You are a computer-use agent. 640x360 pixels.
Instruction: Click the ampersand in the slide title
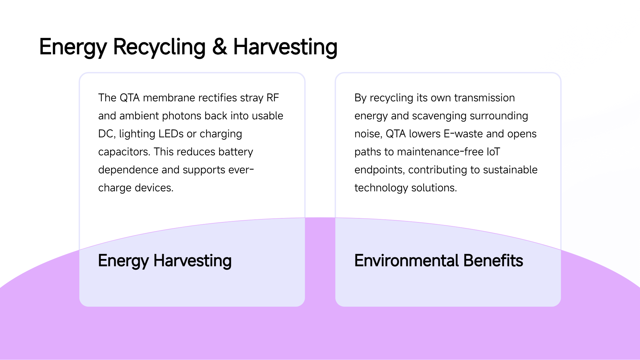[x=220, y=47]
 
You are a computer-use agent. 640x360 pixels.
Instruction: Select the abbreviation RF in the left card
[x=273, y=98]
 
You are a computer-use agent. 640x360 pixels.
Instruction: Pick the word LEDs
[x=171, y=134]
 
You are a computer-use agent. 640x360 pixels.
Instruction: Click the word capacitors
[x=124, y=152]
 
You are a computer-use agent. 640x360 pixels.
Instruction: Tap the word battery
[x=236, y=152]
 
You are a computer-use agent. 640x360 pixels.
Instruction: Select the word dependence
[x=128, y=170]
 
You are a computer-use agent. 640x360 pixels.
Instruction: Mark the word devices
[x=154, y=188]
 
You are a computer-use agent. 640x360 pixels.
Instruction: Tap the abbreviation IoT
[x=493, y=152]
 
